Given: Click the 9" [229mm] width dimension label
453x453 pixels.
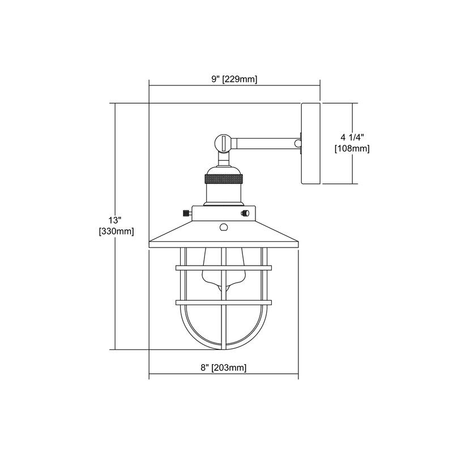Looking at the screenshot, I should click(234, 80).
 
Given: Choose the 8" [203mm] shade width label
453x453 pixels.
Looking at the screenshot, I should click(224, 367).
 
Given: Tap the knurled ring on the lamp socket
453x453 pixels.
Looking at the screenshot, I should click(224, 180).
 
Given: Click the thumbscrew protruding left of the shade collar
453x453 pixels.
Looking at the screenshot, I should click(186, 213).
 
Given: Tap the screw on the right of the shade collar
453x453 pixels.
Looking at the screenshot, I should click(245, 213).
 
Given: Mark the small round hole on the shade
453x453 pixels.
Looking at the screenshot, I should click(224, 228).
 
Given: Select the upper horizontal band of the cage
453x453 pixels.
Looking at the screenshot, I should click(224, 266).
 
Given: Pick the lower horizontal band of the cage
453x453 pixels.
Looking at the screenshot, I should click(224, 302).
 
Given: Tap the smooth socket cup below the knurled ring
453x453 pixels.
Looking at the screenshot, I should click(224, 195).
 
